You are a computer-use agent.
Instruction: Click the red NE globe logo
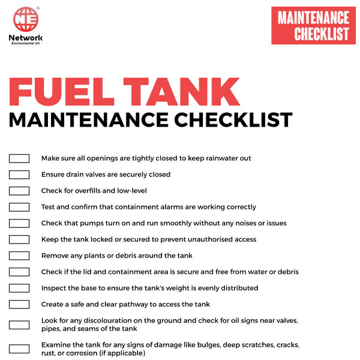coord(26,19)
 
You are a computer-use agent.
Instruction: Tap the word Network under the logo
coord(26,37)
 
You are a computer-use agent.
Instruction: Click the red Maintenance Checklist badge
coord(313,26)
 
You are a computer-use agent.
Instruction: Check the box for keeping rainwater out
coord(19,158)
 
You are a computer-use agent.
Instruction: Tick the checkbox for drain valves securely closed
coord(19,175)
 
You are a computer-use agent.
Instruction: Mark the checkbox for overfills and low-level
coord(19,191)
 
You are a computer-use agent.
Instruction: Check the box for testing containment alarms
coord(19,207)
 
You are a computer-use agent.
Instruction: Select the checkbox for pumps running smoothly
coord(19,223)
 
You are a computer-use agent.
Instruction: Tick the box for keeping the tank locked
coord(19,239)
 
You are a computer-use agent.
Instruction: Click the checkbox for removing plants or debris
coord(19,256)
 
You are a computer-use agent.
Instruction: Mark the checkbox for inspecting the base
coord(19,288)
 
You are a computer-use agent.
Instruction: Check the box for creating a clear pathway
coord(19,304)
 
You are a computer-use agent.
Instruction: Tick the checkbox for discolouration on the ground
coord(19,325)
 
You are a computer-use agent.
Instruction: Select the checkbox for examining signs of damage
coord(19,349)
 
